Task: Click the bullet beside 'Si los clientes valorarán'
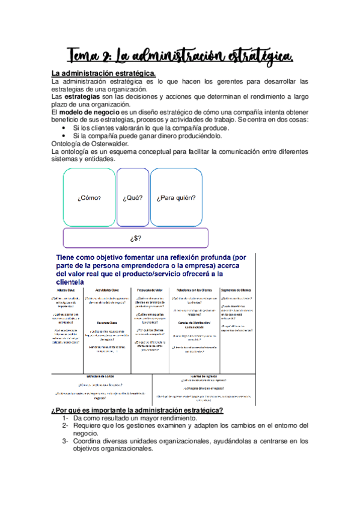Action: [66, 128]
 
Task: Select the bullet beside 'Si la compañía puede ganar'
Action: [66, 136]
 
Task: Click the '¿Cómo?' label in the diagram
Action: [89, 197]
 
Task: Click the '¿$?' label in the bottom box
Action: [136, 238]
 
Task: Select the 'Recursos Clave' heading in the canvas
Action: [106, 322]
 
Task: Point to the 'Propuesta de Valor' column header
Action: [151, 290]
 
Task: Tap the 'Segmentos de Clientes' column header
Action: [236, 290]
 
